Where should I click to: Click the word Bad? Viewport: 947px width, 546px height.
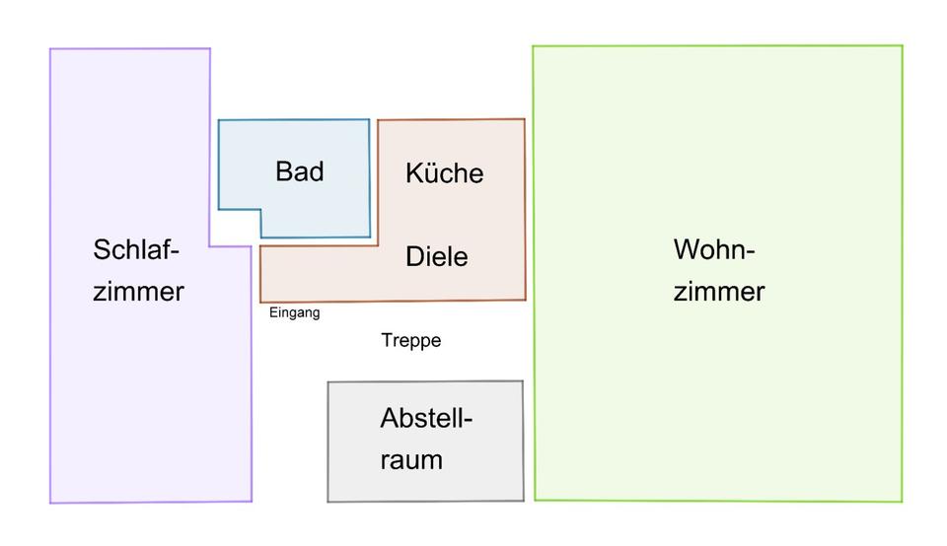[299, 171]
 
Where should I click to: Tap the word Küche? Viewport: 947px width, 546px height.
[444, 173]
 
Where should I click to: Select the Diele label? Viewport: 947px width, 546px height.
[436, 257]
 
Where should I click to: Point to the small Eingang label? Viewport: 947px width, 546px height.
[294, 313]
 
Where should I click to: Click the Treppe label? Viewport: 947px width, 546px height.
[410, 341]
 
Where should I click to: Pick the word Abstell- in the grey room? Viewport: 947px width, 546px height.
[426, 419]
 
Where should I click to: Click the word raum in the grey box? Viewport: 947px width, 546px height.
[411, 460]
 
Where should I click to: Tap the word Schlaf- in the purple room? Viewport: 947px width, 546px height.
[136, 250]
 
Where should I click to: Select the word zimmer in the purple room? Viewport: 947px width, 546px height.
[138, 292]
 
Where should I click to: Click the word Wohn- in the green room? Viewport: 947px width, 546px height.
[714, 250]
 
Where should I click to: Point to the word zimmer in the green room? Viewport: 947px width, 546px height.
[719, 292]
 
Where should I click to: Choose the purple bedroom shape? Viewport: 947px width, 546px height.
[128, 394]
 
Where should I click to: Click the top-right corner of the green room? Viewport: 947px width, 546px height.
[902, 46]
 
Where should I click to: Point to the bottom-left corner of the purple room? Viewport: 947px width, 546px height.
[51, 503]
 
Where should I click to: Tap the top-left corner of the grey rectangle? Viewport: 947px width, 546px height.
[328, 382]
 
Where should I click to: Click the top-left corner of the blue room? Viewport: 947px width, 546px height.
[219, 121]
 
